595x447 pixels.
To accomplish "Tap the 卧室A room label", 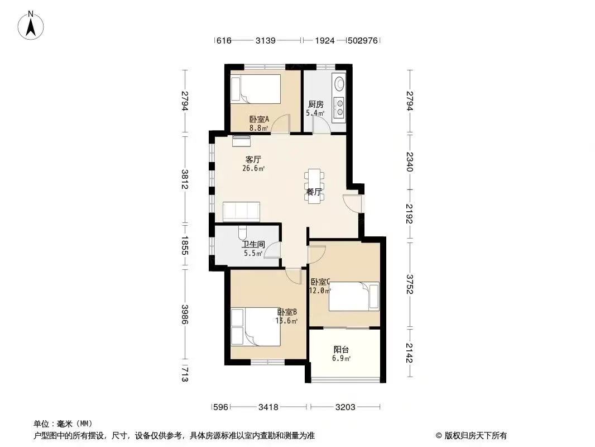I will click(x=259, y=119).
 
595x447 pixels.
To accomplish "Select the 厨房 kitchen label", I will click(x=315, y=104).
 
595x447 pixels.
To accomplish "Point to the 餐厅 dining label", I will click(x=314, y=192).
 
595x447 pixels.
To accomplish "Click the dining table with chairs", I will click(x=314, y=184).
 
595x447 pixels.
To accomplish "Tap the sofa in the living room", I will click(x=241, y=212).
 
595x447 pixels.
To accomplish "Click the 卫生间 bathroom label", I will click(x=253, y=245).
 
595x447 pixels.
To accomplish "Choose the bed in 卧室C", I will click(x=353, y=296).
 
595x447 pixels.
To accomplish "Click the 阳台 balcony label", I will click(x=342, y=349).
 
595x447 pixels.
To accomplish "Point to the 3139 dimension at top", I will click(x=267, y=41).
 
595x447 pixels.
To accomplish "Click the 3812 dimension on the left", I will click(x=185, y=178).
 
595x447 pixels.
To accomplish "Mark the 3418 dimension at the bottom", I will click(x=268, y=407).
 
